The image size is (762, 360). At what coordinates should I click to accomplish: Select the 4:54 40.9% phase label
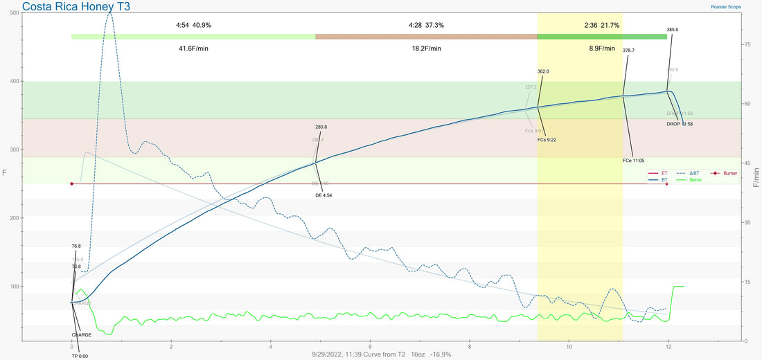click(193, 25)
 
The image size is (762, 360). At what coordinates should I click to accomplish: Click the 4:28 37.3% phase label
click(426, 25)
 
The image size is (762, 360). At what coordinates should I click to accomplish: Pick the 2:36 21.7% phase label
click(601, 25)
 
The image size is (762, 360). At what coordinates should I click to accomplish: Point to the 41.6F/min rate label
click(193, 49)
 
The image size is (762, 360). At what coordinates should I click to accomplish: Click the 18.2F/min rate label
click(426, 49)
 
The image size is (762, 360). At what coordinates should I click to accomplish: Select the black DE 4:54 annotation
click(324, 195)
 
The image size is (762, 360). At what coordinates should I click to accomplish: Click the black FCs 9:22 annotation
click(547, 139)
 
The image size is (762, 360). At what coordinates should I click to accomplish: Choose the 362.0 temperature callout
click(543, 71)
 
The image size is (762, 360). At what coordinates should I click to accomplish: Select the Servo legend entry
click(693, 180)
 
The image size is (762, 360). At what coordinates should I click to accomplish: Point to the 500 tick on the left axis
click(15, 14)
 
